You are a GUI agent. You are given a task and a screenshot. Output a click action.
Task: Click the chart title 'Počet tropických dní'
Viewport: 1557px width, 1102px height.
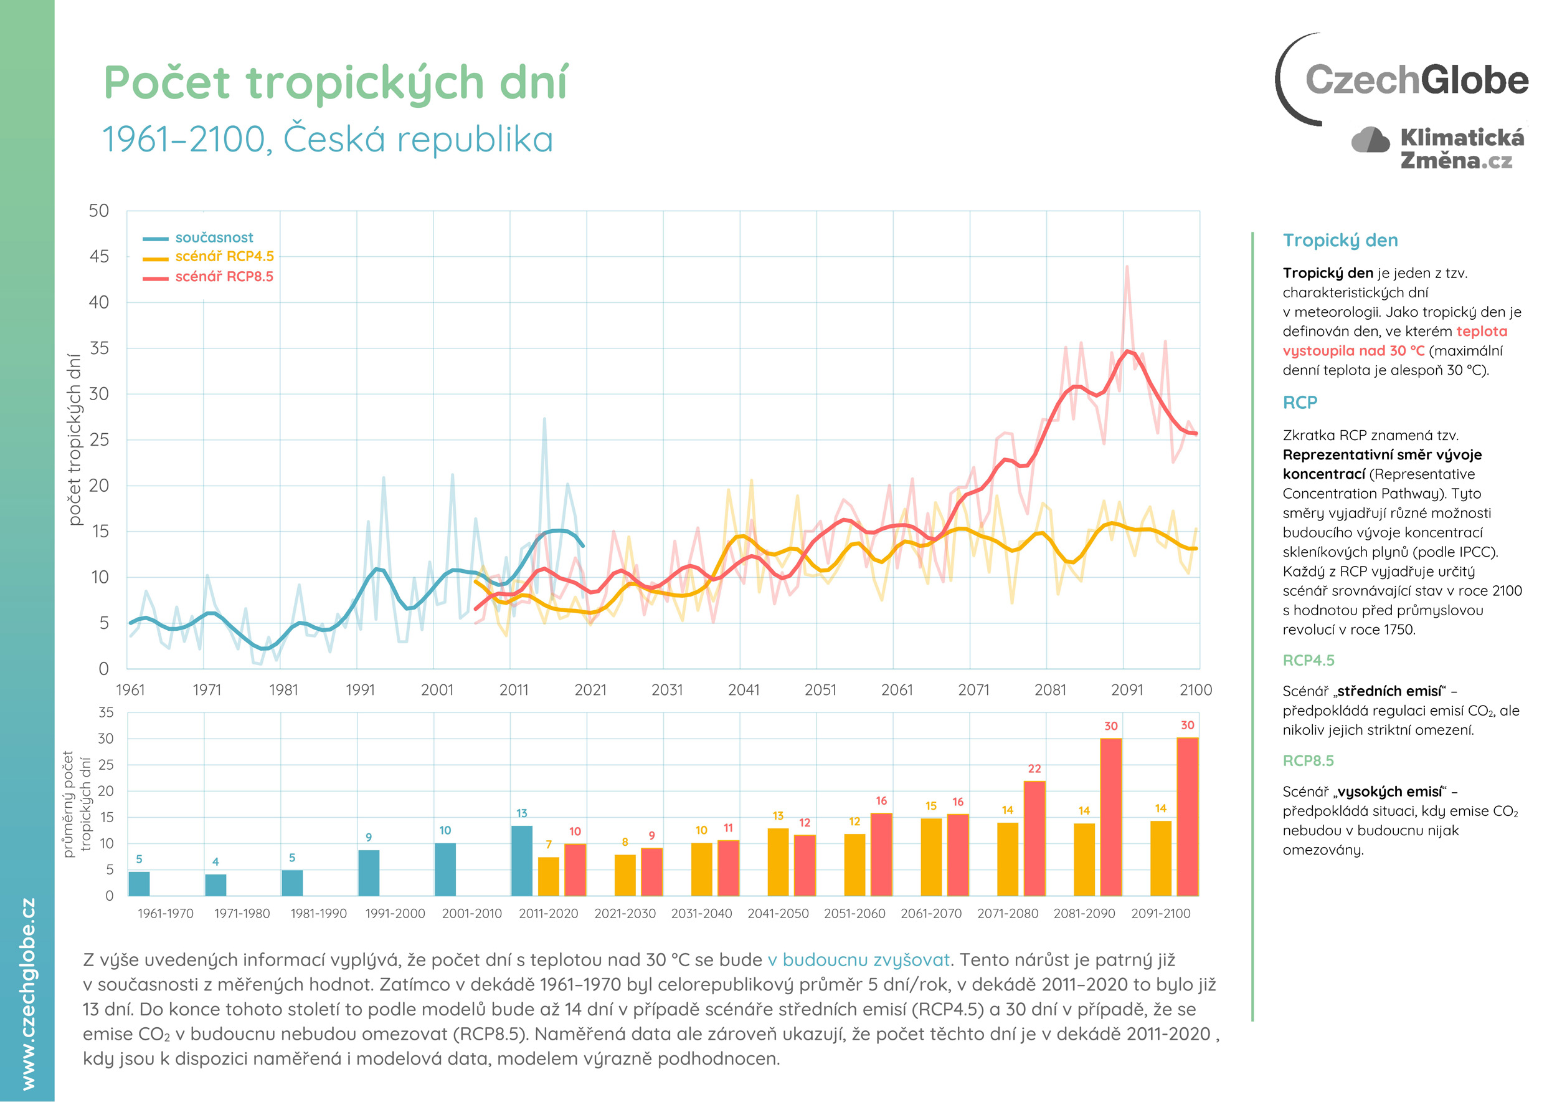tap(336, 83)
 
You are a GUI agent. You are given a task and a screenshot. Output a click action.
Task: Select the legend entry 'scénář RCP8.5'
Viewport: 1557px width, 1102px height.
tap(224, 277)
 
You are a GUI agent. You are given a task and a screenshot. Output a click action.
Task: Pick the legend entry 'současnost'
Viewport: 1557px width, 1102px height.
tap(214, 237)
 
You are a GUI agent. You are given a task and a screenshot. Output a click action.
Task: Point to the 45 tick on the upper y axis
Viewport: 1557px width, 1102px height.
tap(99, 257)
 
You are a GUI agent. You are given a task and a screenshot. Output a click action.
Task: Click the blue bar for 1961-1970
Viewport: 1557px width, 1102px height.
tap(139, 883)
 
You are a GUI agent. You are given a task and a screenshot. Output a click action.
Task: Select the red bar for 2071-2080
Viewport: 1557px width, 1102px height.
tap(1034, 839)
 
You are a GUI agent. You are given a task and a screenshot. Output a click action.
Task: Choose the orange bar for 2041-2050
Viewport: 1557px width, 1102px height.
tap(778, 862)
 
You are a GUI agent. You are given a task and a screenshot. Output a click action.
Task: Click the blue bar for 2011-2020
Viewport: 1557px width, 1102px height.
tap(521, 860)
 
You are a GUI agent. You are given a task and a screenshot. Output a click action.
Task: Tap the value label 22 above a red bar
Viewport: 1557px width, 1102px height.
tap(1034, 769)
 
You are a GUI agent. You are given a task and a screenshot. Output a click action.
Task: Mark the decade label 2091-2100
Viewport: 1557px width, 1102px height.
tap(1160, 913)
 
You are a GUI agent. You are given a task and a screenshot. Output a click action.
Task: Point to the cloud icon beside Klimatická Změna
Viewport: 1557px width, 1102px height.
tap(1370, 140)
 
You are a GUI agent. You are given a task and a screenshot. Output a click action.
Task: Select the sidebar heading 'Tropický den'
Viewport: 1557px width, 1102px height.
tap(1340, 240)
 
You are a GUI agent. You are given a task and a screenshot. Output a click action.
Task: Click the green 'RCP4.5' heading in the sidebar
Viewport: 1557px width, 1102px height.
tap(1308, 660)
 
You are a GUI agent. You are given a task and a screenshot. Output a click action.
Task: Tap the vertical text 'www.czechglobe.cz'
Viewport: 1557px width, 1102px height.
tap(28, 994)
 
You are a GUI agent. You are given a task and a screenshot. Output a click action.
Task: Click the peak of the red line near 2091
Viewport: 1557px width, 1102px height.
tap(1127, 351)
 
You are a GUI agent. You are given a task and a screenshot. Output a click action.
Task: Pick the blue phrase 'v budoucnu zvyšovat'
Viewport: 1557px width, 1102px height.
tap(858, 959)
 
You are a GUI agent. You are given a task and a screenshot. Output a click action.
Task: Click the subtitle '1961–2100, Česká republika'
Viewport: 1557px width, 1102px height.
tap(328, 139)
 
